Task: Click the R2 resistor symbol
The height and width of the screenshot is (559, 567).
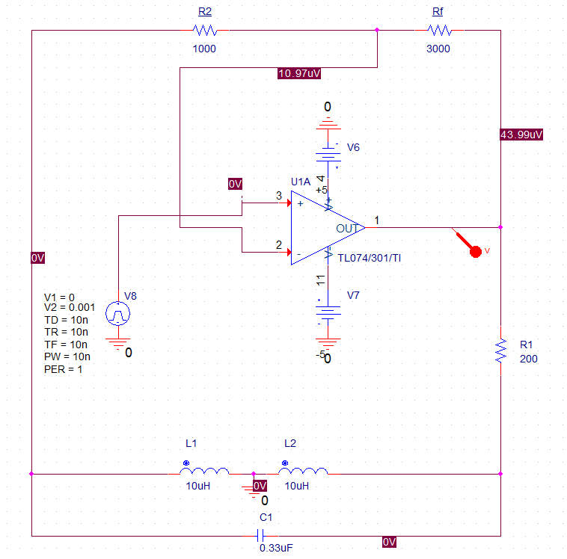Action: pyautogui.click(x=204, y=31)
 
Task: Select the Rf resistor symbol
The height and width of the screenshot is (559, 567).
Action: pyautogui.click(x=439, y=31)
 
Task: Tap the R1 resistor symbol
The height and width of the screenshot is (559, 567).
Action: pyautogui.click(x=500, y=351)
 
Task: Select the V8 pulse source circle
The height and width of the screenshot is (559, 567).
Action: pyautogui.click(x=117, y=313)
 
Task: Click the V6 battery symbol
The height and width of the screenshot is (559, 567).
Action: pyautogui.click(x=327, y=155)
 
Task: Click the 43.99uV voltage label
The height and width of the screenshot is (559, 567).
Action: pyautogui.click(x=521, y=135)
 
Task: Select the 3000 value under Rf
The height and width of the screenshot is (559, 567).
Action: pyautogui.click(x=438, y=49)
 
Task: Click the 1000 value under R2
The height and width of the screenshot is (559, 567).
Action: pyautogui.click(x=204, y=49)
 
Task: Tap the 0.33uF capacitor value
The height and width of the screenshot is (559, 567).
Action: pyautogui.click(x=276, y=549)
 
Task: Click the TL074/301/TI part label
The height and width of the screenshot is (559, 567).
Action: pyautogui.click(x=370, y=257)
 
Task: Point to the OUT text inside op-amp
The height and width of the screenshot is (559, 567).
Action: pyautogui.click(x=347, y=227)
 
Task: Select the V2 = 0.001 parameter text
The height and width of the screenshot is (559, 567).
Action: pyautogui.click(x=70, y=307)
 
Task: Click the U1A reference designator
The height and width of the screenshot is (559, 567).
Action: pyautogui.click(x=300, y=182)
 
